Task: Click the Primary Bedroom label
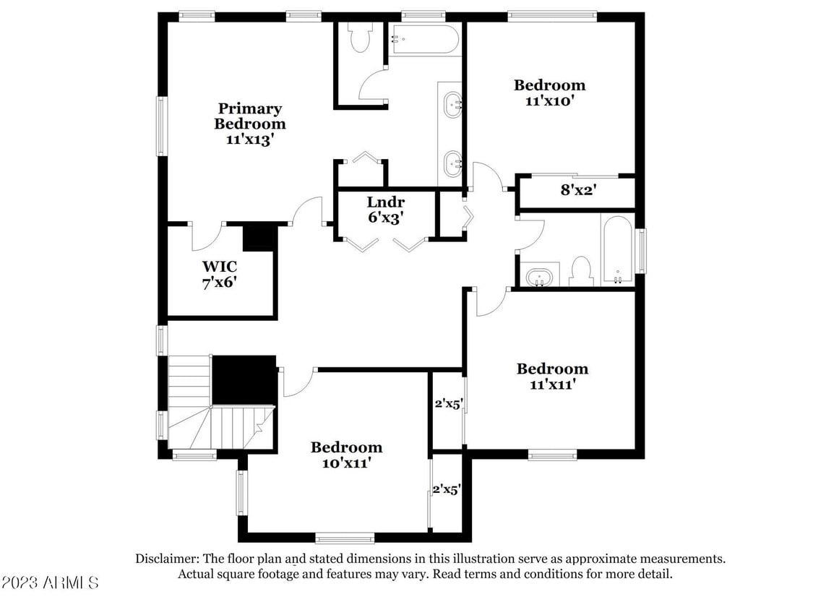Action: tap(249, 124)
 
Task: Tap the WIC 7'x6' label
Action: tap(220, 275)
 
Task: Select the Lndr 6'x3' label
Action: tap(385, 209)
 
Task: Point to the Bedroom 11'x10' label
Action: tap(549, 93)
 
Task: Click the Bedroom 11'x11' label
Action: tap(552, 377)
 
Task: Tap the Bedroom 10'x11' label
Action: tap(346, 455)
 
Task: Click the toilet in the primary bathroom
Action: tap(359, 38)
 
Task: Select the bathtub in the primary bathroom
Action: tap(424, 40)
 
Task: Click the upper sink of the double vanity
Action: tap(453, 104)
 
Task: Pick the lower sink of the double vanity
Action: tap(453, 163)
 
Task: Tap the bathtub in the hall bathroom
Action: tap(617, 248)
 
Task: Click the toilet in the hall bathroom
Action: tap(580, 271)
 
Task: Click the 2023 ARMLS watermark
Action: tap(51, 583)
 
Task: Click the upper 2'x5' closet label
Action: tap(447, 404)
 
